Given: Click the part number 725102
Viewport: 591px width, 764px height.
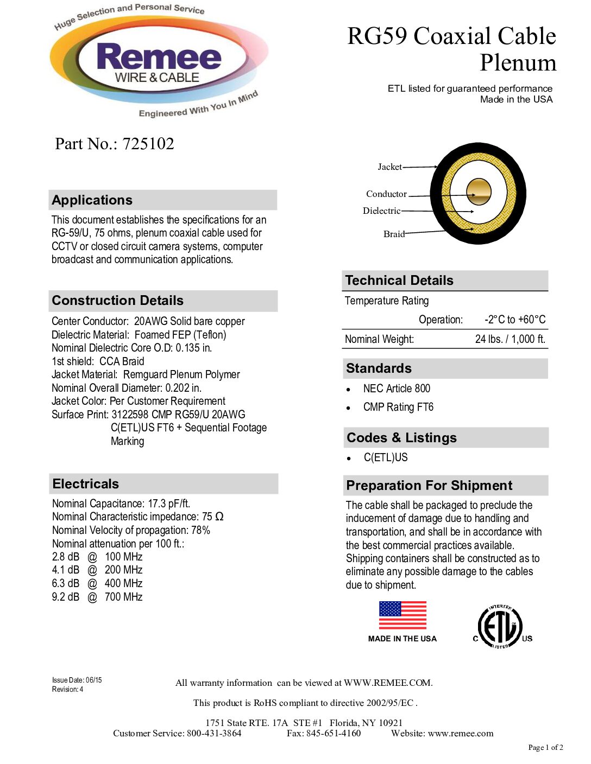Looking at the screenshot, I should pos(148,144).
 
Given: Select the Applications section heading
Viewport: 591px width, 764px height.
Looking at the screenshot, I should pos(92,200).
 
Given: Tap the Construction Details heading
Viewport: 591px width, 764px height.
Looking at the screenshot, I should pos(118,301).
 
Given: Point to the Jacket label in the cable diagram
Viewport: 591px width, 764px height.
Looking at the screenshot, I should pos(389,167).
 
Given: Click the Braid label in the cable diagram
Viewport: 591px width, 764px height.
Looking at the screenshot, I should pos(394,234).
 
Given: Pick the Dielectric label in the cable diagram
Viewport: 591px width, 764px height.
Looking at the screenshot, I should pos(381,211).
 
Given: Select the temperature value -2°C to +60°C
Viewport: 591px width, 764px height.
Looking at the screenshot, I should pos(514,320).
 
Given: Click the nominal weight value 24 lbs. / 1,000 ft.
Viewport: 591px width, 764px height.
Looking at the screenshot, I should pos(510,339).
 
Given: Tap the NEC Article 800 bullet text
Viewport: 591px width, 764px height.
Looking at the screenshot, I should pos(397,389).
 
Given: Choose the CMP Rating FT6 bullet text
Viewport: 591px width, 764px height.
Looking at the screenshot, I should pos(398,407).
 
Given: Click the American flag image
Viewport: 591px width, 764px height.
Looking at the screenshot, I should pos(403,615).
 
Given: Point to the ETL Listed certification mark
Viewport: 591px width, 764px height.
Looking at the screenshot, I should pos(500,627).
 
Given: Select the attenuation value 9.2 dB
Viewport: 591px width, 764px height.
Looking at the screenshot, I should pos(66,597).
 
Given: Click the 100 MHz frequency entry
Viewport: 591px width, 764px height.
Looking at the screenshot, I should pos(123,557).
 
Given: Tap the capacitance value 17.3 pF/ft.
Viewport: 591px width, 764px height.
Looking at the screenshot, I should pos(169,504).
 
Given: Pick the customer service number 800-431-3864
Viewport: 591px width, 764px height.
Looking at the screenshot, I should pos(214,734).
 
